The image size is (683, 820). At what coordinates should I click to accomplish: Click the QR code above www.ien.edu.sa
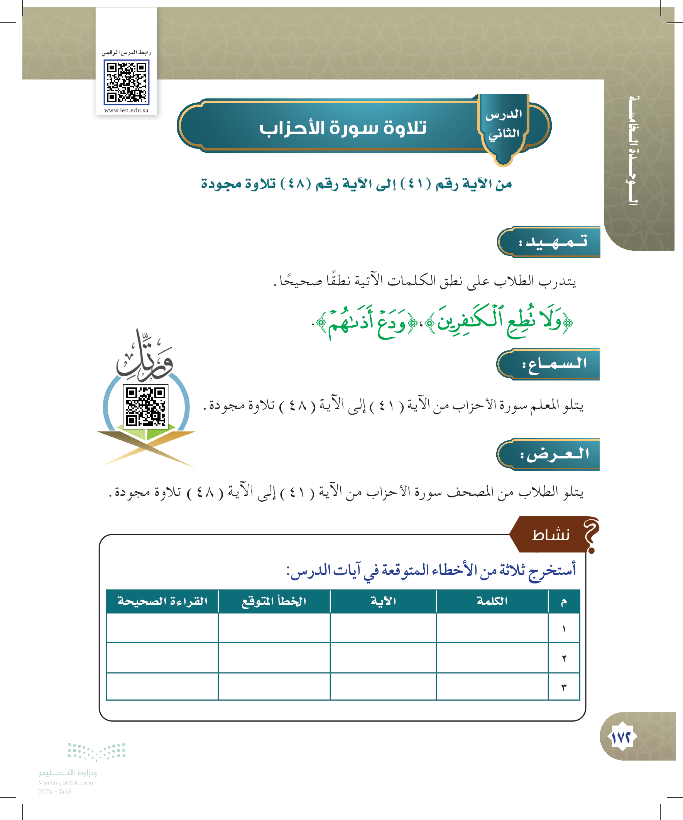pyautogui.click(x=127, y=83)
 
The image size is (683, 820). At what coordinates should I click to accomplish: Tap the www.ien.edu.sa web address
pyautogui.click(x=127, y=110)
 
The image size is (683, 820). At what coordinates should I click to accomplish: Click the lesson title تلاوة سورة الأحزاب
pyautogui.click(x=343, y=128)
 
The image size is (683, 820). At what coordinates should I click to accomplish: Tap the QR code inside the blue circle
pyautogui.click(x=145, y=406)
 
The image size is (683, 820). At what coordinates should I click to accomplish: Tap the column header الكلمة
pyautogui.click(x=492, y=601)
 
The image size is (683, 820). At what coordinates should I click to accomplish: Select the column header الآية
pyautogui.click(x=383, y=601)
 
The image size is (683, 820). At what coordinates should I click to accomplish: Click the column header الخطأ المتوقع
pyautogui.click(x=274, y=601)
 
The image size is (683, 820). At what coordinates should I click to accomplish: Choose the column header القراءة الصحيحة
pyautogui.click(x=162, y=601)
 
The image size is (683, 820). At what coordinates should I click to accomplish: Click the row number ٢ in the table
pyautogui.click(x=564, y=658)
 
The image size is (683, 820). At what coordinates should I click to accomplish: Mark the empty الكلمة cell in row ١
pyautogui.click(x=492, y=628)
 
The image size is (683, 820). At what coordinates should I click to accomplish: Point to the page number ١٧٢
pyautogui.click(x=621, y=737)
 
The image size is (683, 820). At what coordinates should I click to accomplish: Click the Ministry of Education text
pyautogui.click(x=68, y=783)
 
